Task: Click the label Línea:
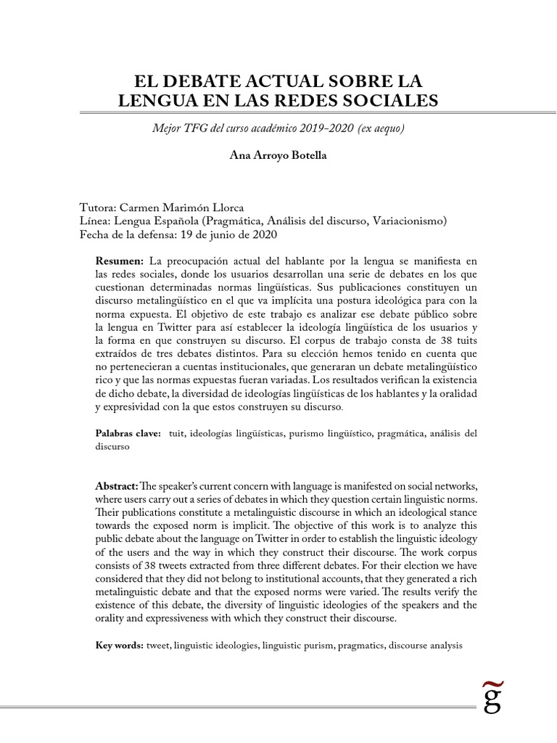[95, 221]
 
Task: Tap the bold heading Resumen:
[121, 260]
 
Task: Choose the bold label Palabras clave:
[128, 434]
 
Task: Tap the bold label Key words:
[120, 645]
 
